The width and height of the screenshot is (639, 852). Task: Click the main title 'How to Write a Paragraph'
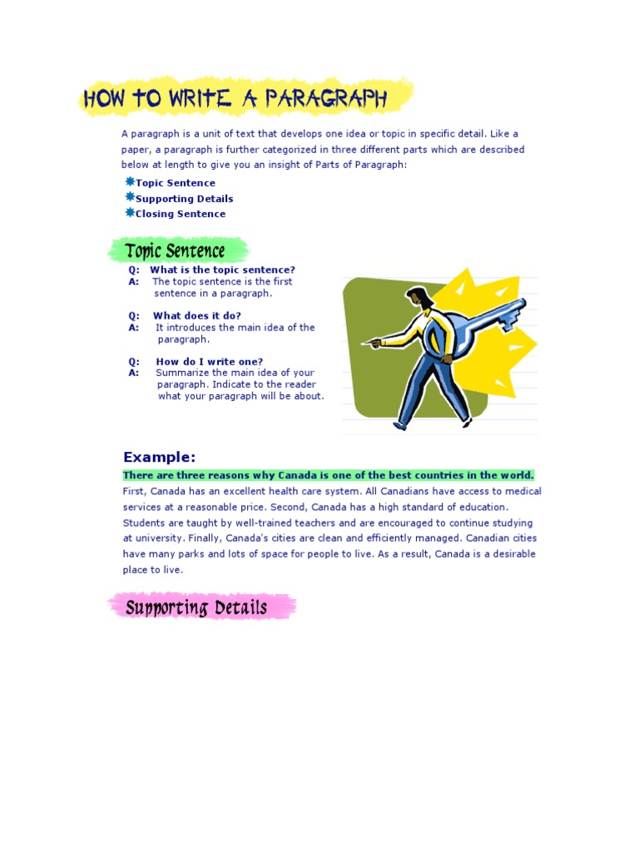click(x=235, y=98)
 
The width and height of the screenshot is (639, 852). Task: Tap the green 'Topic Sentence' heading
click(x=175, y=250)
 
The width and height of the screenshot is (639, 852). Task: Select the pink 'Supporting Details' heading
click(x=196, y=607)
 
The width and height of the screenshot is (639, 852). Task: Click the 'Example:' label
click(x=160, y=457)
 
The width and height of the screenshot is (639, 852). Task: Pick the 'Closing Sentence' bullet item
click(x=181, y=214)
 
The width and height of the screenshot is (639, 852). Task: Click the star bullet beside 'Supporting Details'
click(x=130, y=197)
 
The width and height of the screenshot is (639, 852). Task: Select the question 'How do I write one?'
click(x=210, y=361)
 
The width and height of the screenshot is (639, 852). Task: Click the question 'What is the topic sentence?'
click(x=222, y=270)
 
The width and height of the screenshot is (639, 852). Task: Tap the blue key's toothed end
click(x=517, y=312)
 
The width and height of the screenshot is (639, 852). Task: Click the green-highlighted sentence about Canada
click(x=329, y=475)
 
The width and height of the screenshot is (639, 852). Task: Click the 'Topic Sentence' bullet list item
click(x=175, y=183)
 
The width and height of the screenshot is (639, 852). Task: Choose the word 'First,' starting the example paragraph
click(x=135, y=491)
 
